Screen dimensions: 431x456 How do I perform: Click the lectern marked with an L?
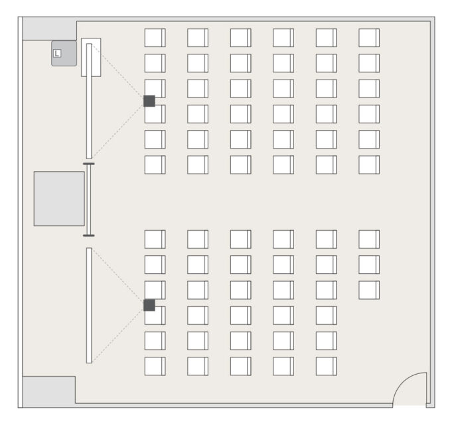(64, 53)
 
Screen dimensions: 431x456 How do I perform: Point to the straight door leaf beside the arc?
(426, 389)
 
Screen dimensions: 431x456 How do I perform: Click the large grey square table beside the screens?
(59, 198)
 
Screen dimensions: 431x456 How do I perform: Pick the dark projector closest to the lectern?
(149, 101)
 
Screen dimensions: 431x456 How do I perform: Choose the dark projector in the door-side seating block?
(149, 305)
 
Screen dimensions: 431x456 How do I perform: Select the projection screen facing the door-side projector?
(89, 305)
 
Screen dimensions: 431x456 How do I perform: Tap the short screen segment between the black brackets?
(88, 199)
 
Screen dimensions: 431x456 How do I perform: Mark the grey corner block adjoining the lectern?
(50, 29)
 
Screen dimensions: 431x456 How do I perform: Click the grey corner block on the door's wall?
(48, 391)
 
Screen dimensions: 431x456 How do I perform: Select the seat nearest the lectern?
(155, 38)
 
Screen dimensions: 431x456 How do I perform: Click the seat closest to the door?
(326, 366)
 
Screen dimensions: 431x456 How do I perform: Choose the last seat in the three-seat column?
(369, 290)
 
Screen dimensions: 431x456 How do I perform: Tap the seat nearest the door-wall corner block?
(155, 366)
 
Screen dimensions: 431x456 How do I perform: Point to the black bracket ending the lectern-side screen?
(88, 163)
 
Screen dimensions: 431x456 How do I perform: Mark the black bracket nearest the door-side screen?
(88, 235)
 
